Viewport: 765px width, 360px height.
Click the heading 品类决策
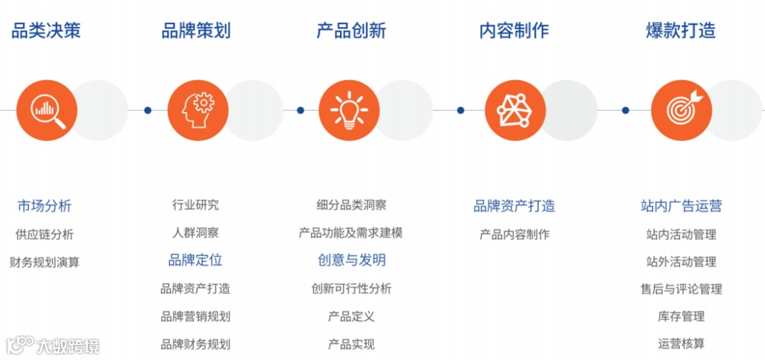tap(46, 30)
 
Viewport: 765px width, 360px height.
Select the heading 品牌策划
tap(195, 30)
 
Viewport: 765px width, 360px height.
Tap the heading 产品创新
tap(351, 30)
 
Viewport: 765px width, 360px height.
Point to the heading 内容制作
tap(514, 30)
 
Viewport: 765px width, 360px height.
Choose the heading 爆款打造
tap(681, 30)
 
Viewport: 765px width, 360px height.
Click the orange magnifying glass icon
tap(47, 110)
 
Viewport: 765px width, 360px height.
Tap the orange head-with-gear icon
tap(198, 110)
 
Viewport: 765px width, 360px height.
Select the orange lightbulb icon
tap(348, 110)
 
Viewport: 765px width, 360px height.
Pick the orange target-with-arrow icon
tap(681, 110)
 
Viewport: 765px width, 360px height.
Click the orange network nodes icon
tap(515, 110)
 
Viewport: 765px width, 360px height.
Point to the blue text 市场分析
tap(45, 206)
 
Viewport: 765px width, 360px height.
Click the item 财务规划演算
tap(45, 262)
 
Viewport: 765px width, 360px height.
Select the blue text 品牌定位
tap(195, 260)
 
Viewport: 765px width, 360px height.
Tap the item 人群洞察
tap(195, 232)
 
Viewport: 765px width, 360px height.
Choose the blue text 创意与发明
tap(351, 260)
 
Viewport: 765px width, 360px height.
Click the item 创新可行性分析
tap(351, 288)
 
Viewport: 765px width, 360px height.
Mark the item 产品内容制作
tap(514, 235)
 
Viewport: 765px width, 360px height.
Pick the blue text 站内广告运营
tap(681, 206)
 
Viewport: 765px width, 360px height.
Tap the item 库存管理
tap(681, 316)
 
